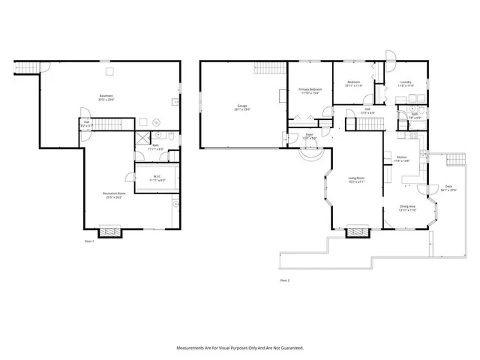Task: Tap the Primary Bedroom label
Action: click(x=310, y=91)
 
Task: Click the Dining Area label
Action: click(x=407, y=208)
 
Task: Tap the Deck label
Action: click(x=448, y=187)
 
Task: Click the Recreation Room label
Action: click(x=114, y=195)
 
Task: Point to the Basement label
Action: click(x=107, y=97)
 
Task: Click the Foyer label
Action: click(x=309, y=136)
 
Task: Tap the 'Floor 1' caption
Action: click(x=90, y=241)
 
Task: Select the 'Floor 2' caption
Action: click(x=284, y=280)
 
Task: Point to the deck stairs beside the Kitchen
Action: click(x=454, y=160)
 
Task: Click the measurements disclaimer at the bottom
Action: click(x=240, y=348)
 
